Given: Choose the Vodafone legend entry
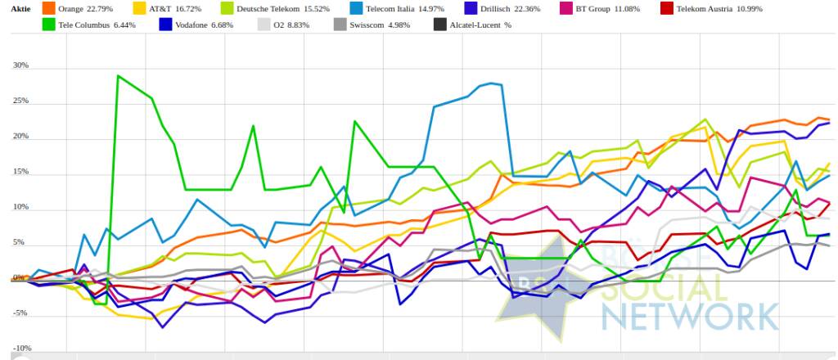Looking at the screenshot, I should click(204, 25).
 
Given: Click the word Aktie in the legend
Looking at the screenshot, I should click(20, 8).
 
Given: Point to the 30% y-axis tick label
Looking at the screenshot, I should click(20, 65).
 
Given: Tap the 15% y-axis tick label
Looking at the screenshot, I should click(20, 172).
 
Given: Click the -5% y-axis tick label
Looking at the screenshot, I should click(20, 313).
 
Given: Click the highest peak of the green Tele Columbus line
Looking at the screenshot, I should click(119, 76).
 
